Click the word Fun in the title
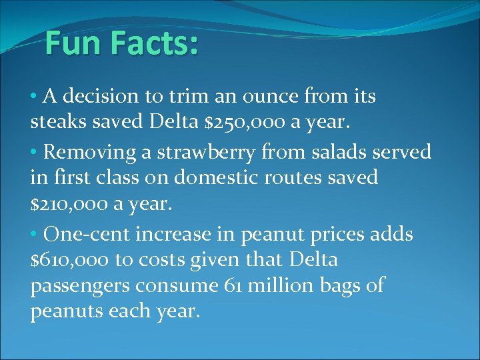tap(73, 44)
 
